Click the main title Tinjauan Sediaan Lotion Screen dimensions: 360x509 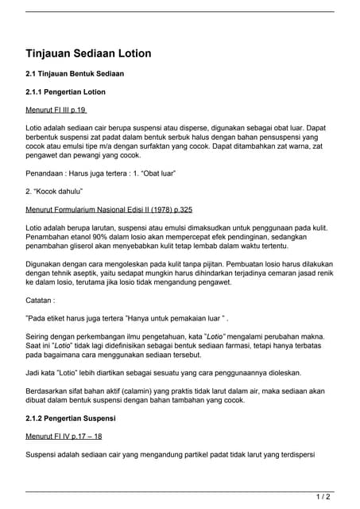tap(88, 53)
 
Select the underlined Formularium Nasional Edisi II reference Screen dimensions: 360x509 tap(110, 210)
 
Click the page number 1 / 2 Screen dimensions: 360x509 tap(323, 497)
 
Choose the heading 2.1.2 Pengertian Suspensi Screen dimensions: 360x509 tap(71, 418)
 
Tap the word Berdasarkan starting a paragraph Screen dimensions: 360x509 tap(50, 392)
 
